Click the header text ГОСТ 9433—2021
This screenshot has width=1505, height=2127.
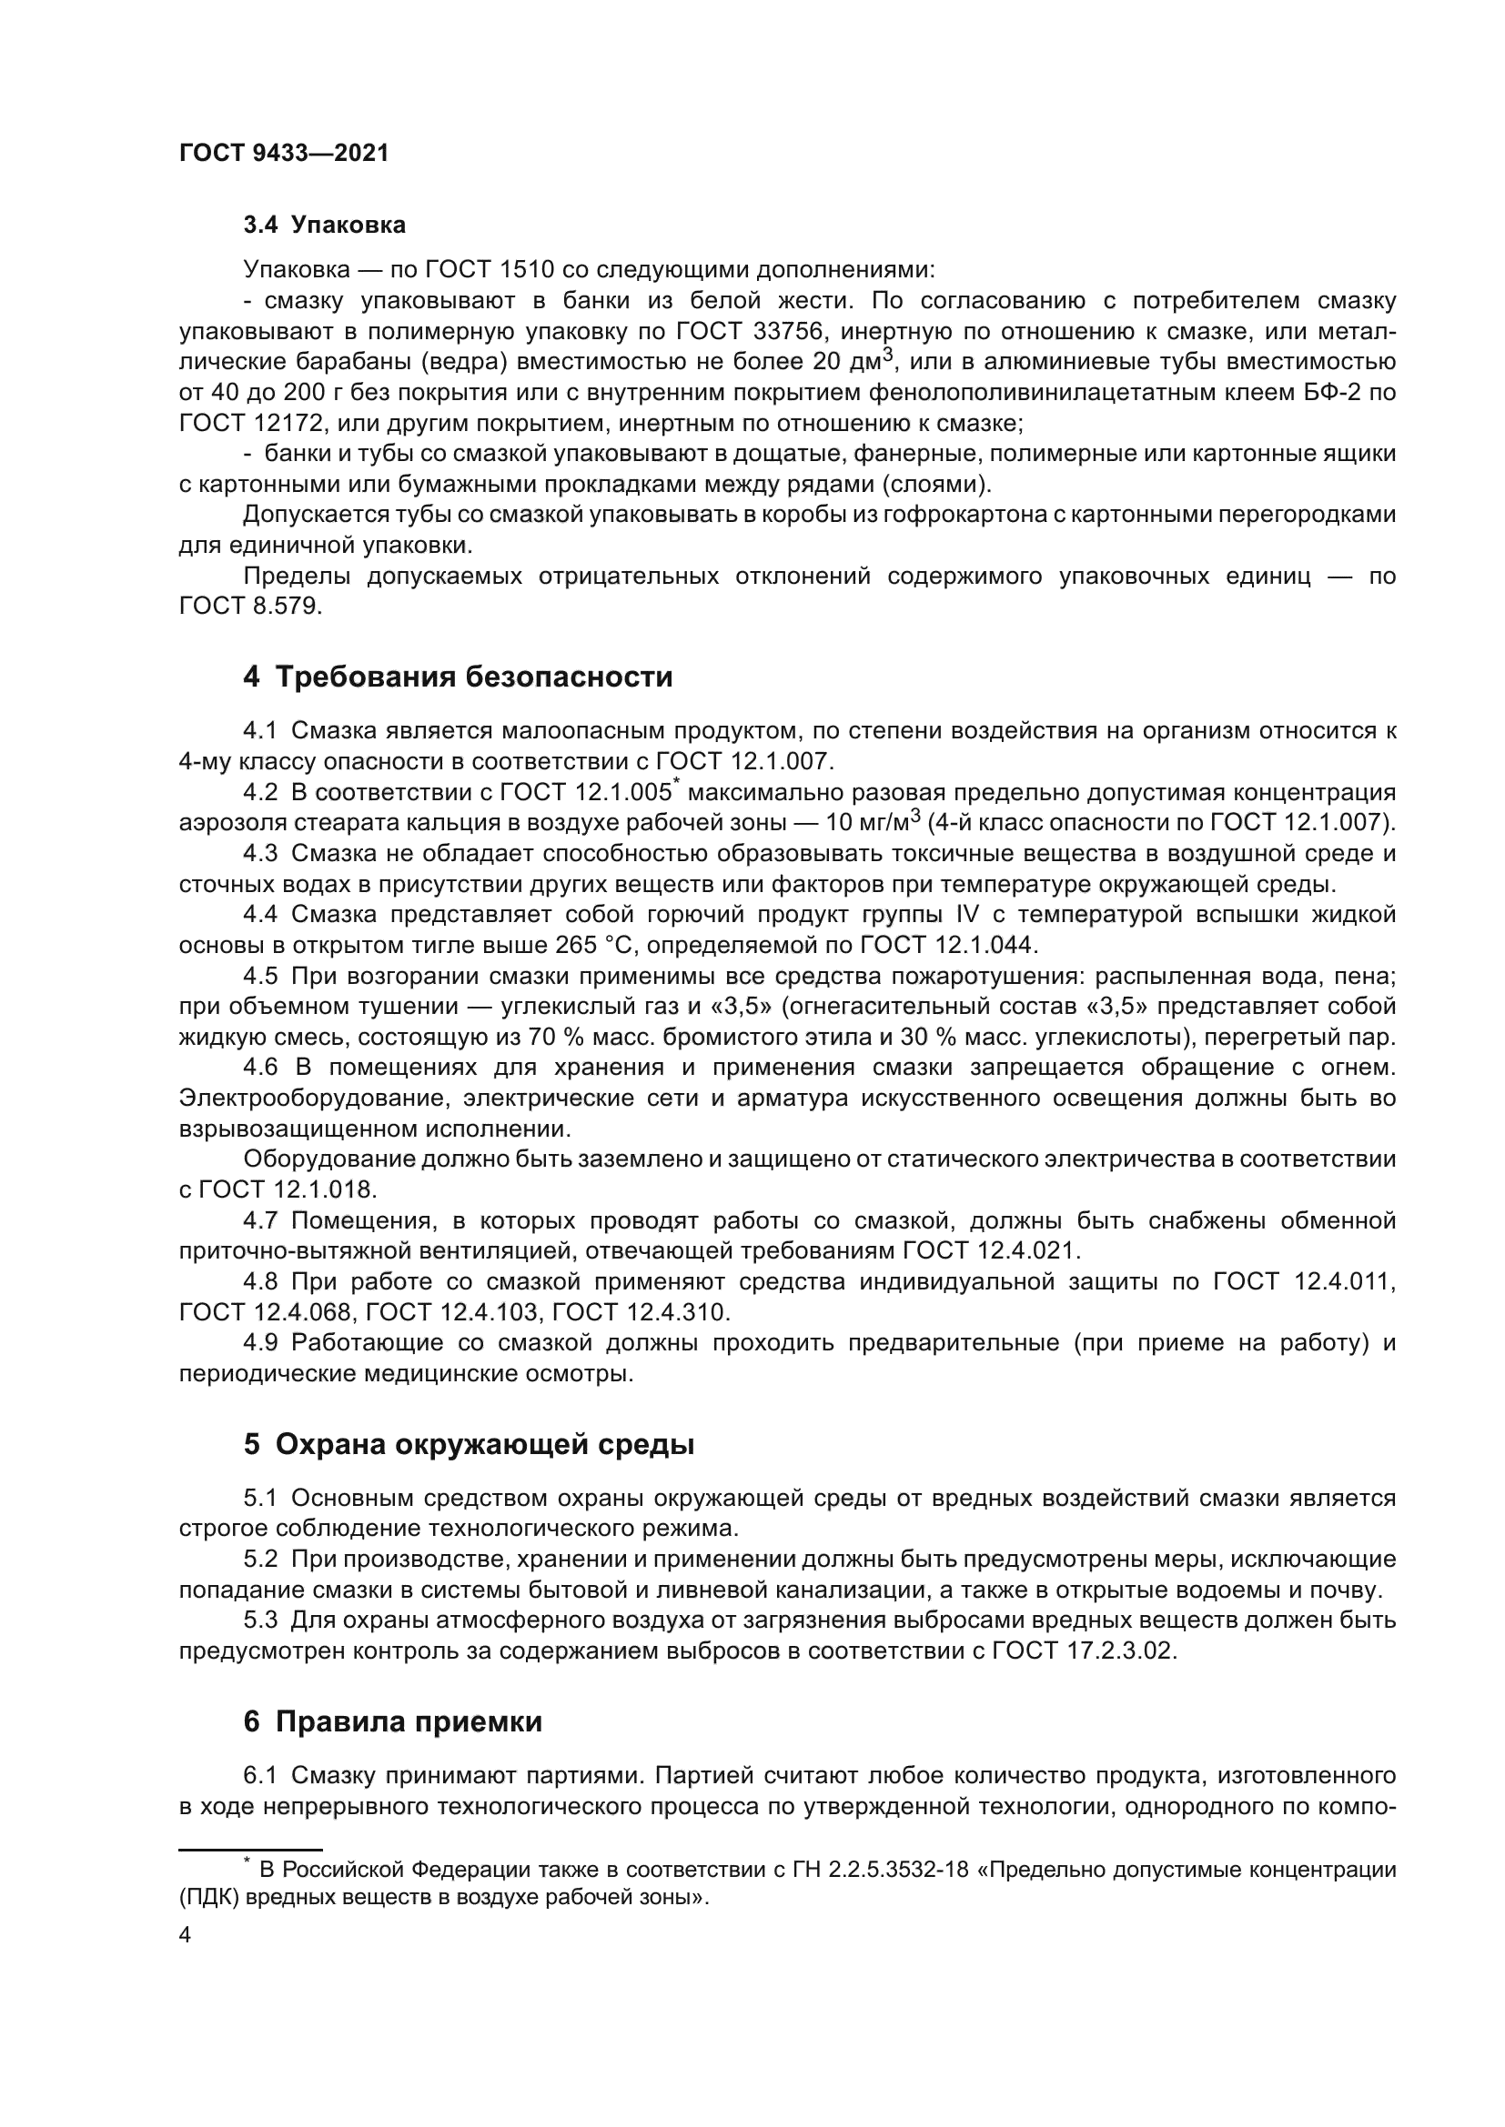point(284,154)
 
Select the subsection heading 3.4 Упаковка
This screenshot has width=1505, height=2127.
point(324,226)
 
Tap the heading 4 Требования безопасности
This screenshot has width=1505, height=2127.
point(458,677)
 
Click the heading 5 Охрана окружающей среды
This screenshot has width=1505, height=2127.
point(469,1444)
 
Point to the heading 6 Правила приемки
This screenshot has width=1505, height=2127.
point(393,1722)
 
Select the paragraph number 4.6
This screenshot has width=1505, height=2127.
point(260,1068)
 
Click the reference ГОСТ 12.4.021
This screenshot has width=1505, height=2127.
point(990,1250)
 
